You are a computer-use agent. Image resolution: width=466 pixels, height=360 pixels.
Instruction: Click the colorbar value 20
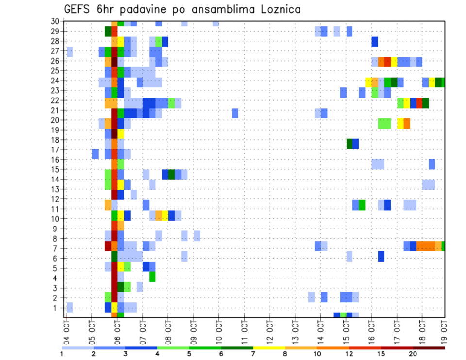click(413, 353)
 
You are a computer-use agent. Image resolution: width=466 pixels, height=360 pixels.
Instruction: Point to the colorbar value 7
click(253, 353)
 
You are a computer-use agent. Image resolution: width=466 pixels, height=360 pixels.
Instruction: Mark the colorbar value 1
click(62, 353)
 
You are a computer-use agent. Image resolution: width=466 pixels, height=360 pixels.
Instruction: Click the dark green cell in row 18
click(349, 144)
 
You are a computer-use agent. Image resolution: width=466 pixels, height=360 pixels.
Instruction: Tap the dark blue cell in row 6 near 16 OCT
click(381, 256)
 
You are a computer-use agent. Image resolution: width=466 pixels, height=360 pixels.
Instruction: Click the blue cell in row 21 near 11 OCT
click(235, 113)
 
